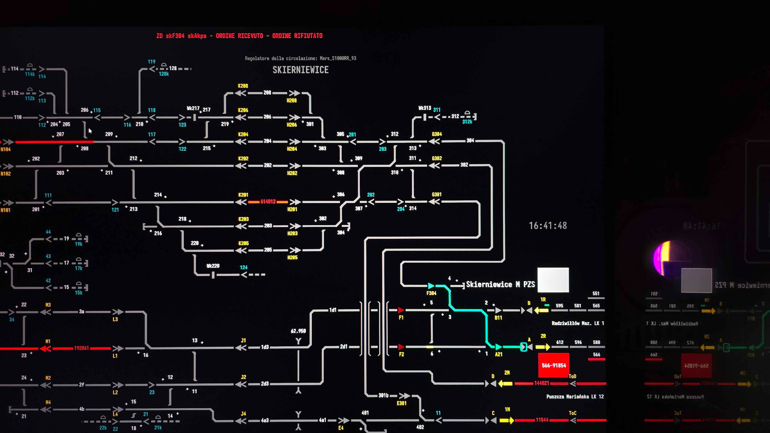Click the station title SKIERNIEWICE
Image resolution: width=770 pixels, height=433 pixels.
(x=300, y=70)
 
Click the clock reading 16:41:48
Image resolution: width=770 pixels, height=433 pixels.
(x=548, y=226)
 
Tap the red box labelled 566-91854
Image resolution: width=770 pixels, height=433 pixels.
(x=554, y=365)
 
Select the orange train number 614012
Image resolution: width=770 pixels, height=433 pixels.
(x=268, y=202)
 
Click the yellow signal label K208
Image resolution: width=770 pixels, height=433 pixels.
(x=243, y=86)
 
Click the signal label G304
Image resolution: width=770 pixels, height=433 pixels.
(x=436, y=134)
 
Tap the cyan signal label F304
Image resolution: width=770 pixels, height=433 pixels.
(x=431, y=293)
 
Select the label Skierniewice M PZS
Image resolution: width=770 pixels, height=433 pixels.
(x=500, y=284)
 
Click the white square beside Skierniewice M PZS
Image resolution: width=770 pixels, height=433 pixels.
(x=553, y=280)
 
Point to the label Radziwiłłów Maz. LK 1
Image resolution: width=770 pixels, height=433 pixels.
(x=578, y=323)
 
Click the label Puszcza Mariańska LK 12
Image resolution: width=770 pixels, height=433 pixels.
(x=575, y=397)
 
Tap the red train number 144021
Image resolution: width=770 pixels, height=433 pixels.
(x=541, y=383)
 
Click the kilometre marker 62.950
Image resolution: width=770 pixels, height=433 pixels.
(x=298, y=331)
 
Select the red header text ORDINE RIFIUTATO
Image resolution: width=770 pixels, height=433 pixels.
(x=297, y=36)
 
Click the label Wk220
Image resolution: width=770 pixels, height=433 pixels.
(x=213, y=266)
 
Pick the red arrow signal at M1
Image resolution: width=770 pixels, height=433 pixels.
(x=45, y=348)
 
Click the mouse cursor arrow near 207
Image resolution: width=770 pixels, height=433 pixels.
(x=90, y=131)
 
